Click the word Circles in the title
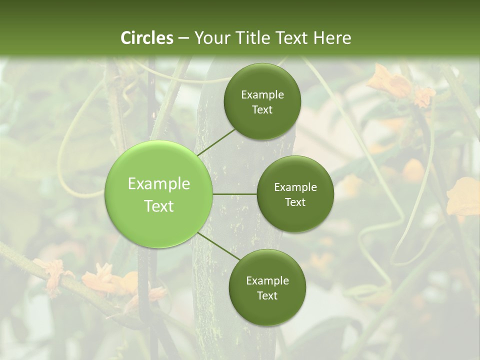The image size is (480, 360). tap(147, 38)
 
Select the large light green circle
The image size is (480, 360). tap(159, 194)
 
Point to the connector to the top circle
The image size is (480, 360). tap(216, 142)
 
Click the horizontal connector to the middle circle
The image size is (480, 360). tap(235, 194)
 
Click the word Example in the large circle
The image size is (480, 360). tap(159, 184)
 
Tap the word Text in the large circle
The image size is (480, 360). tap(159, 206)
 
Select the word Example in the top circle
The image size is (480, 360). tap(262, 95)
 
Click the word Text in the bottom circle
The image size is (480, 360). tap(267, 295)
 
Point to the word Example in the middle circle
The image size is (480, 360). tap(295, 187)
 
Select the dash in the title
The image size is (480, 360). tap(183, 38)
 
